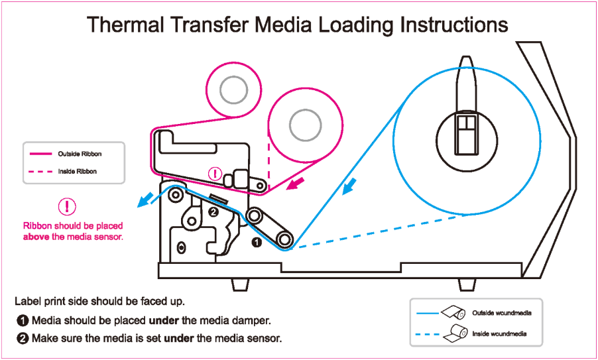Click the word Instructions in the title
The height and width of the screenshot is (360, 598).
[x=453, y=25]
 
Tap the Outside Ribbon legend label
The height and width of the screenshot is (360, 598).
[x=80, y=154]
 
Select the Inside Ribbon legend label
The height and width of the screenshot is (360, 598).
[x=77, y=171]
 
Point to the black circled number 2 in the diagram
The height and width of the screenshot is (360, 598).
[x=213, y=212]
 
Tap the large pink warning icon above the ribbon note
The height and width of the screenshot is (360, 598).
[x=67, y=206]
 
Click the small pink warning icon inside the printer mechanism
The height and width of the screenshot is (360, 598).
[x=215, y=174]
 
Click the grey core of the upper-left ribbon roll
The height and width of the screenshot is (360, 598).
[x=233, y=90]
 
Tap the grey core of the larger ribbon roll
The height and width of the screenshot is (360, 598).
[x=304, y=124]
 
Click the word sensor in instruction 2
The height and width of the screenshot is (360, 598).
[x=265, y=338]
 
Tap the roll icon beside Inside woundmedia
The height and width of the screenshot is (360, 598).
[x=454, y=333]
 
